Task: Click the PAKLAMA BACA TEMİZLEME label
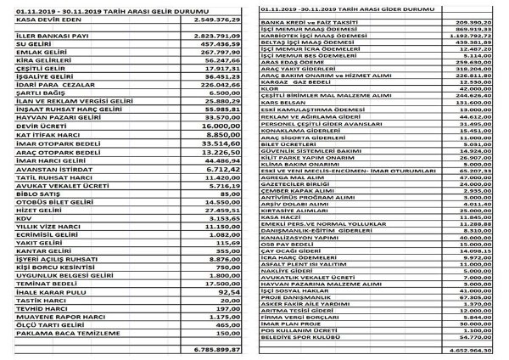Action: point(52,335)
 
